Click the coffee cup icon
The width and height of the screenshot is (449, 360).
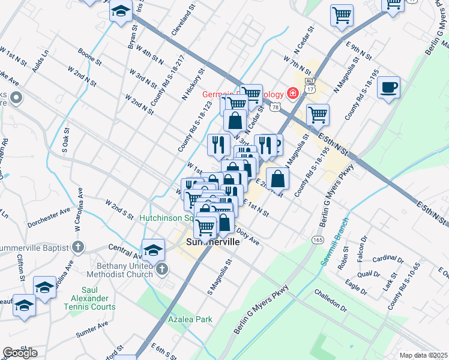[x=388, y=88]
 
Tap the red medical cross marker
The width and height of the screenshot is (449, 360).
[x=292, y=93]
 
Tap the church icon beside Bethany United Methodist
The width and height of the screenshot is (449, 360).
[x=161, y=271]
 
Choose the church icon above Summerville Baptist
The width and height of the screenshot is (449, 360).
[x=77, y=247]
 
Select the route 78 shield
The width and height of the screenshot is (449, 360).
[x=274, y=107]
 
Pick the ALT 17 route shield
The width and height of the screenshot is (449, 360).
[x=310, y=85]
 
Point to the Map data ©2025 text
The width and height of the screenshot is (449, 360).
[x=423, y=355]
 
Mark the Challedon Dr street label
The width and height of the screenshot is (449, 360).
[x=330, y=301]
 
